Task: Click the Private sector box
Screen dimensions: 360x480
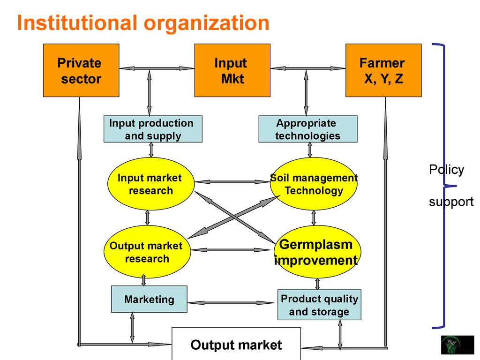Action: (81, 70)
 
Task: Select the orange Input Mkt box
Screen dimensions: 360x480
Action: (232, 70)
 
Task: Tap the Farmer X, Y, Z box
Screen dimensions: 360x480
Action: (383, 70)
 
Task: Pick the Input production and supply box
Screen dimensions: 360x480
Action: (153, 129)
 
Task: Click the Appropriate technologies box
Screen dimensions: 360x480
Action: (307, 129)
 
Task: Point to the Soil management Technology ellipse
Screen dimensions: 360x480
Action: (314, 184)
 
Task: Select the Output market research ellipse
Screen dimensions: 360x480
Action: (147, 252)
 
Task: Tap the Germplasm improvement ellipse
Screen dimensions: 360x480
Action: (316, 252)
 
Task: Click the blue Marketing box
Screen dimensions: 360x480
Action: (149, 299)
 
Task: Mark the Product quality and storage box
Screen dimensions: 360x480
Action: (319, 305)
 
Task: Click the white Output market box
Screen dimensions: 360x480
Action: (236, 345)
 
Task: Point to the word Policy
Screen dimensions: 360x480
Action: (446, 170)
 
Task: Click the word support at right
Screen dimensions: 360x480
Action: (451, 202)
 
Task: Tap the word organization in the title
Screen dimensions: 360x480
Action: (206, 23)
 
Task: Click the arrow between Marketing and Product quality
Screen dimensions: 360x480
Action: (232, 303)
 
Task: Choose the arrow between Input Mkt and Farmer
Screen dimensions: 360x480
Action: (308, 68)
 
